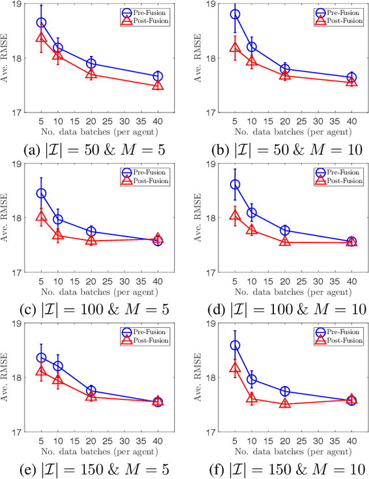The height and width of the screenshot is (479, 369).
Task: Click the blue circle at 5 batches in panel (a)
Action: point(42,23)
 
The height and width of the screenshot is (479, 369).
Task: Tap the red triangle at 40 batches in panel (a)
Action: point(157,85)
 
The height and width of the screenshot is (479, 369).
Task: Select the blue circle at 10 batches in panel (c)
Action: point(58,219)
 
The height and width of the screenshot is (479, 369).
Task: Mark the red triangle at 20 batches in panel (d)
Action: point(285,242)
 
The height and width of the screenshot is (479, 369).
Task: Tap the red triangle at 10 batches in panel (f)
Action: point(251,398)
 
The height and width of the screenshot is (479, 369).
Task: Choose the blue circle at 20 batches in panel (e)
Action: point(91,391)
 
